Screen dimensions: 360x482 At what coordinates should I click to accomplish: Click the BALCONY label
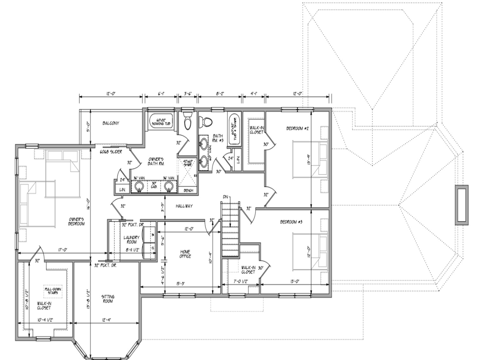point(111,123)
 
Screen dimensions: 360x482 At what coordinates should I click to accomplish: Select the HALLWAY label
point(184,206)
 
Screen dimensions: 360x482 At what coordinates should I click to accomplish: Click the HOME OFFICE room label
point(185,254)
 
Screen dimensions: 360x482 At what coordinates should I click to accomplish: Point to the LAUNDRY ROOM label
point(131,239)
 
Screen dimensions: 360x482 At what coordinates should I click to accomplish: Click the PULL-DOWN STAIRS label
point(53,291)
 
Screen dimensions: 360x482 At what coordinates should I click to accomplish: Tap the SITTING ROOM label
point(108,299)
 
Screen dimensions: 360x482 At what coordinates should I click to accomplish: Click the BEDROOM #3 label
point(291,222)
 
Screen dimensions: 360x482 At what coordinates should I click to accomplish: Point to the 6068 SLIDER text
point(111,152)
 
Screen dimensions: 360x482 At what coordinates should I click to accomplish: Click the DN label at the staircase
point(225,197)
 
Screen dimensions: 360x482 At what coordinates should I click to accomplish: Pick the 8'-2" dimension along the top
point(220,94)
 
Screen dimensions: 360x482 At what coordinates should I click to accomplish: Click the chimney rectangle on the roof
point(461,205)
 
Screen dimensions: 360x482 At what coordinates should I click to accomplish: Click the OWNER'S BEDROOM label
point(76,221)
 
